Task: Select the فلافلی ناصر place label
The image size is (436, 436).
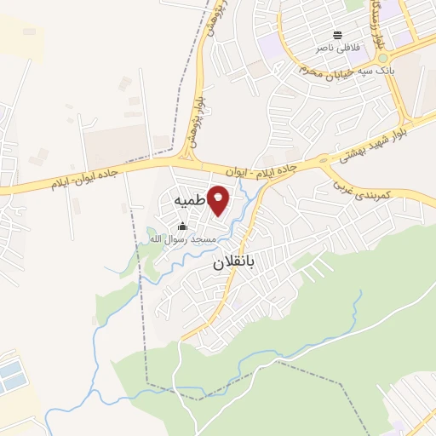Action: click(337, 49)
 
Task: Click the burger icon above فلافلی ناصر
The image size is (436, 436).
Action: click(338, 35)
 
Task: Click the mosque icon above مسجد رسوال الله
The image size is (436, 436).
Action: click(182, 227)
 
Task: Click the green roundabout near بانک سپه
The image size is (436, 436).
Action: click(382, 58)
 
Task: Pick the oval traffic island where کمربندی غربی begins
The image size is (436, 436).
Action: click(323, 159)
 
